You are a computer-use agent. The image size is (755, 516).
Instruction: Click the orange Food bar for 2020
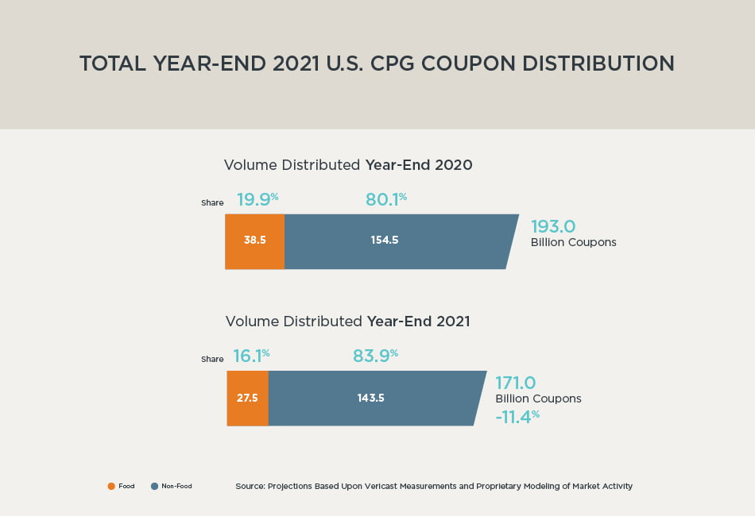coord(254,241)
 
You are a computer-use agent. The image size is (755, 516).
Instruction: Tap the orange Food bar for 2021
coord(247,398)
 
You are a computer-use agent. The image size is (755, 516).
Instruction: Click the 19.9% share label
coord(257,199)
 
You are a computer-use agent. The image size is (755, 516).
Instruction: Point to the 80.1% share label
coord(385,199)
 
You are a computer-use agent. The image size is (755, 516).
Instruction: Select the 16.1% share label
coord(251,356)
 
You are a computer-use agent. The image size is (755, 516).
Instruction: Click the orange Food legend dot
coord(111,486)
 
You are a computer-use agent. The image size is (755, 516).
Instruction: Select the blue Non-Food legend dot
coord(154,486)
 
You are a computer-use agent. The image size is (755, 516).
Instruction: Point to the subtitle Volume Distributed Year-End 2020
coord(348,165)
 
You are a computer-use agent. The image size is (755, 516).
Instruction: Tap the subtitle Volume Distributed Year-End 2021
coord(347,322)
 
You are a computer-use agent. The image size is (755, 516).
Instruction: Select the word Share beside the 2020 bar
coord(212,203)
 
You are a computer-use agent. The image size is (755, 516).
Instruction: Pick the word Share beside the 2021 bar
coord(212,360)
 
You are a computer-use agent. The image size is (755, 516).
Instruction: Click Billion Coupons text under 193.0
coord(573,242)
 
